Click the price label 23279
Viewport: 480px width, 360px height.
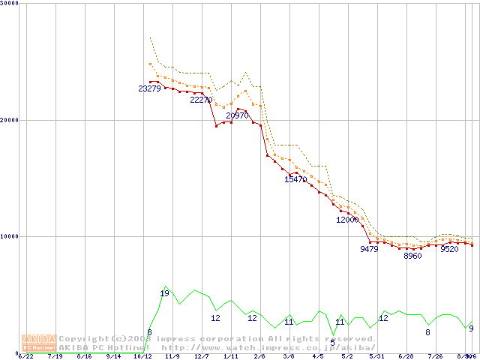(x=149, y=88)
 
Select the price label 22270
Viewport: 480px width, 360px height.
(x=201, y=99)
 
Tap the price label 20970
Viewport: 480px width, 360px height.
(x=237, y=115)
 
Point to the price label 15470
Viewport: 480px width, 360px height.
(x=295, y=178)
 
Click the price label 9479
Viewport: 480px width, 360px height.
(x=369, y=249)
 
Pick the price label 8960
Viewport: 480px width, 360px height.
(x=412, y=256)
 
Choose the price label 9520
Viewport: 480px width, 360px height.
(x=449, y=249)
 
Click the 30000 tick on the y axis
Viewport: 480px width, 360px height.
(x=10, y=3)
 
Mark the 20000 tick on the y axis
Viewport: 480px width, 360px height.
(x=10, y=120)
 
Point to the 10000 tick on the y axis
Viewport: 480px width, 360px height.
(x=10, y=236)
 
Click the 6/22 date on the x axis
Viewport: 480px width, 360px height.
(x=25, y=356)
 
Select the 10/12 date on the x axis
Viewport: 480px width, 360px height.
(x=142, y=356)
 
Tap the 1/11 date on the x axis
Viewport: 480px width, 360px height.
(x=231, y=356)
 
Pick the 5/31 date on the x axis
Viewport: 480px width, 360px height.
(x=376, y=356)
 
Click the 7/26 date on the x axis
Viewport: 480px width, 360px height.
(x=435, y=356)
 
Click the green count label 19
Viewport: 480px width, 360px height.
(x=164, y=293)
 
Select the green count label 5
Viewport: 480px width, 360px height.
(x=333, y=343)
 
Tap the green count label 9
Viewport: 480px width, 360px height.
(x=471, y=328)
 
